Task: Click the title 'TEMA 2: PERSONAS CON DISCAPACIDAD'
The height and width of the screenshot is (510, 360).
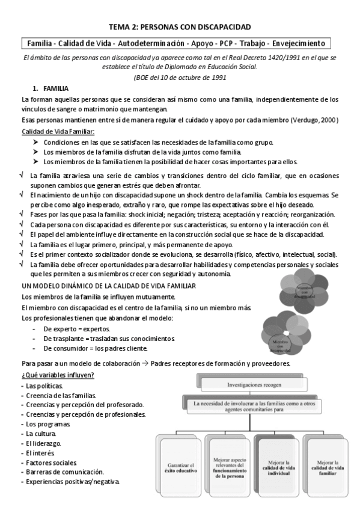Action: [180, 27]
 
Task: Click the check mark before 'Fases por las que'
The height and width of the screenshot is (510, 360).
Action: [22, 214]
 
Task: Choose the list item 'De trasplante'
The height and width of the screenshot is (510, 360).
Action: [79, 339]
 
